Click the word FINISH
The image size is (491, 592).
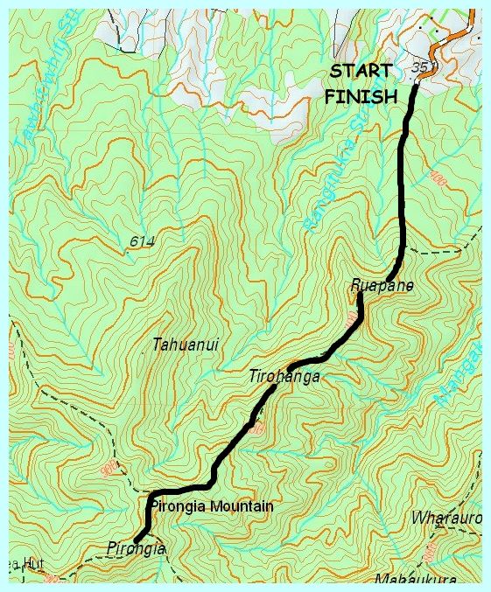pos(361,97)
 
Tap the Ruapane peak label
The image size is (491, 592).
pos(381,286)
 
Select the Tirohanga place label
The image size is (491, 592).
pos(284,376)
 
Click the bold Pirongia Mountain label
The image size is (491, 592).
pos(212,506)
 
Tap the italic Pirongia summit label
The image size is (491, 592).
pos(136,547)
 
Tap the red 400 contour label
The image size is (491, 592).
pos(438,180)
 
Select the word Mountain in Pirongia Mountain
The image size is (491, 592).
pos(244,506)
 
